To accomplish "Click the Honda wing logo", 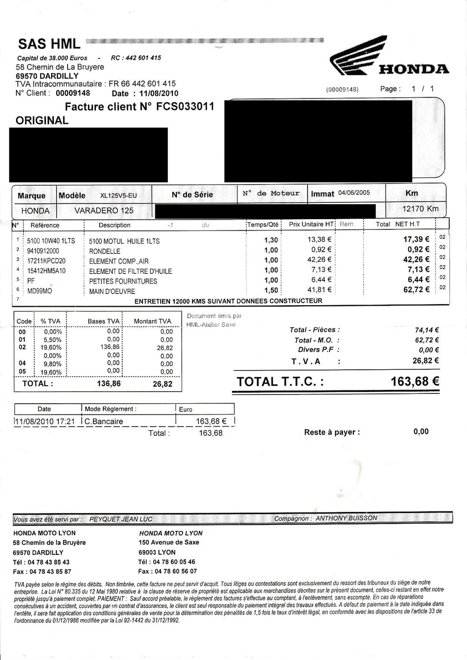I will [359, 55].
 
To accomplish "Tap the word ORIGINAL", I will [42, 121].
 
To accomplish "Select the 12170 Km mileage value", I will [420, 209].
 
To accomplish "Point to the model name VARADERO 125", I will [104, 210].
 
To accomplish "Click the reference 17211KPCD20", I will [46, 261].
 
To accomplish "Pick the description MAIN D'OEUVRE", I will [112, 291].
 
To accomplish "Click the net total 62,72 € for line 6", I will [416, 290].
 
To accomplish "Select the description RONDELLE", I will [105, 251].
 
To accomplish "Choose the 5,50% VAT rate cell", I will [52, 340].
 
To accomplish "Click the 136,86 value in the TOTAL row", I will [109, 384].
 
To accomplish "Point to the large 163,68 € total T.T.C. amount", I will [415, 382].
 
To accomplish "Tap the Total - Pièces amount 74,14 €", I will [426, 330].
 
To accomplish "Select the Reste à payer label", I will [332, 432].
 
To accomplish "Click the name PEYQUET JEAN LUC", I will [121, 519].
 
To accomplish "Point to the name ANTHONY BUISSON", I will [346, 518].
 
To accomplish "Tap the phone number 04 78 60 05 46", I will [174, 562].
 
